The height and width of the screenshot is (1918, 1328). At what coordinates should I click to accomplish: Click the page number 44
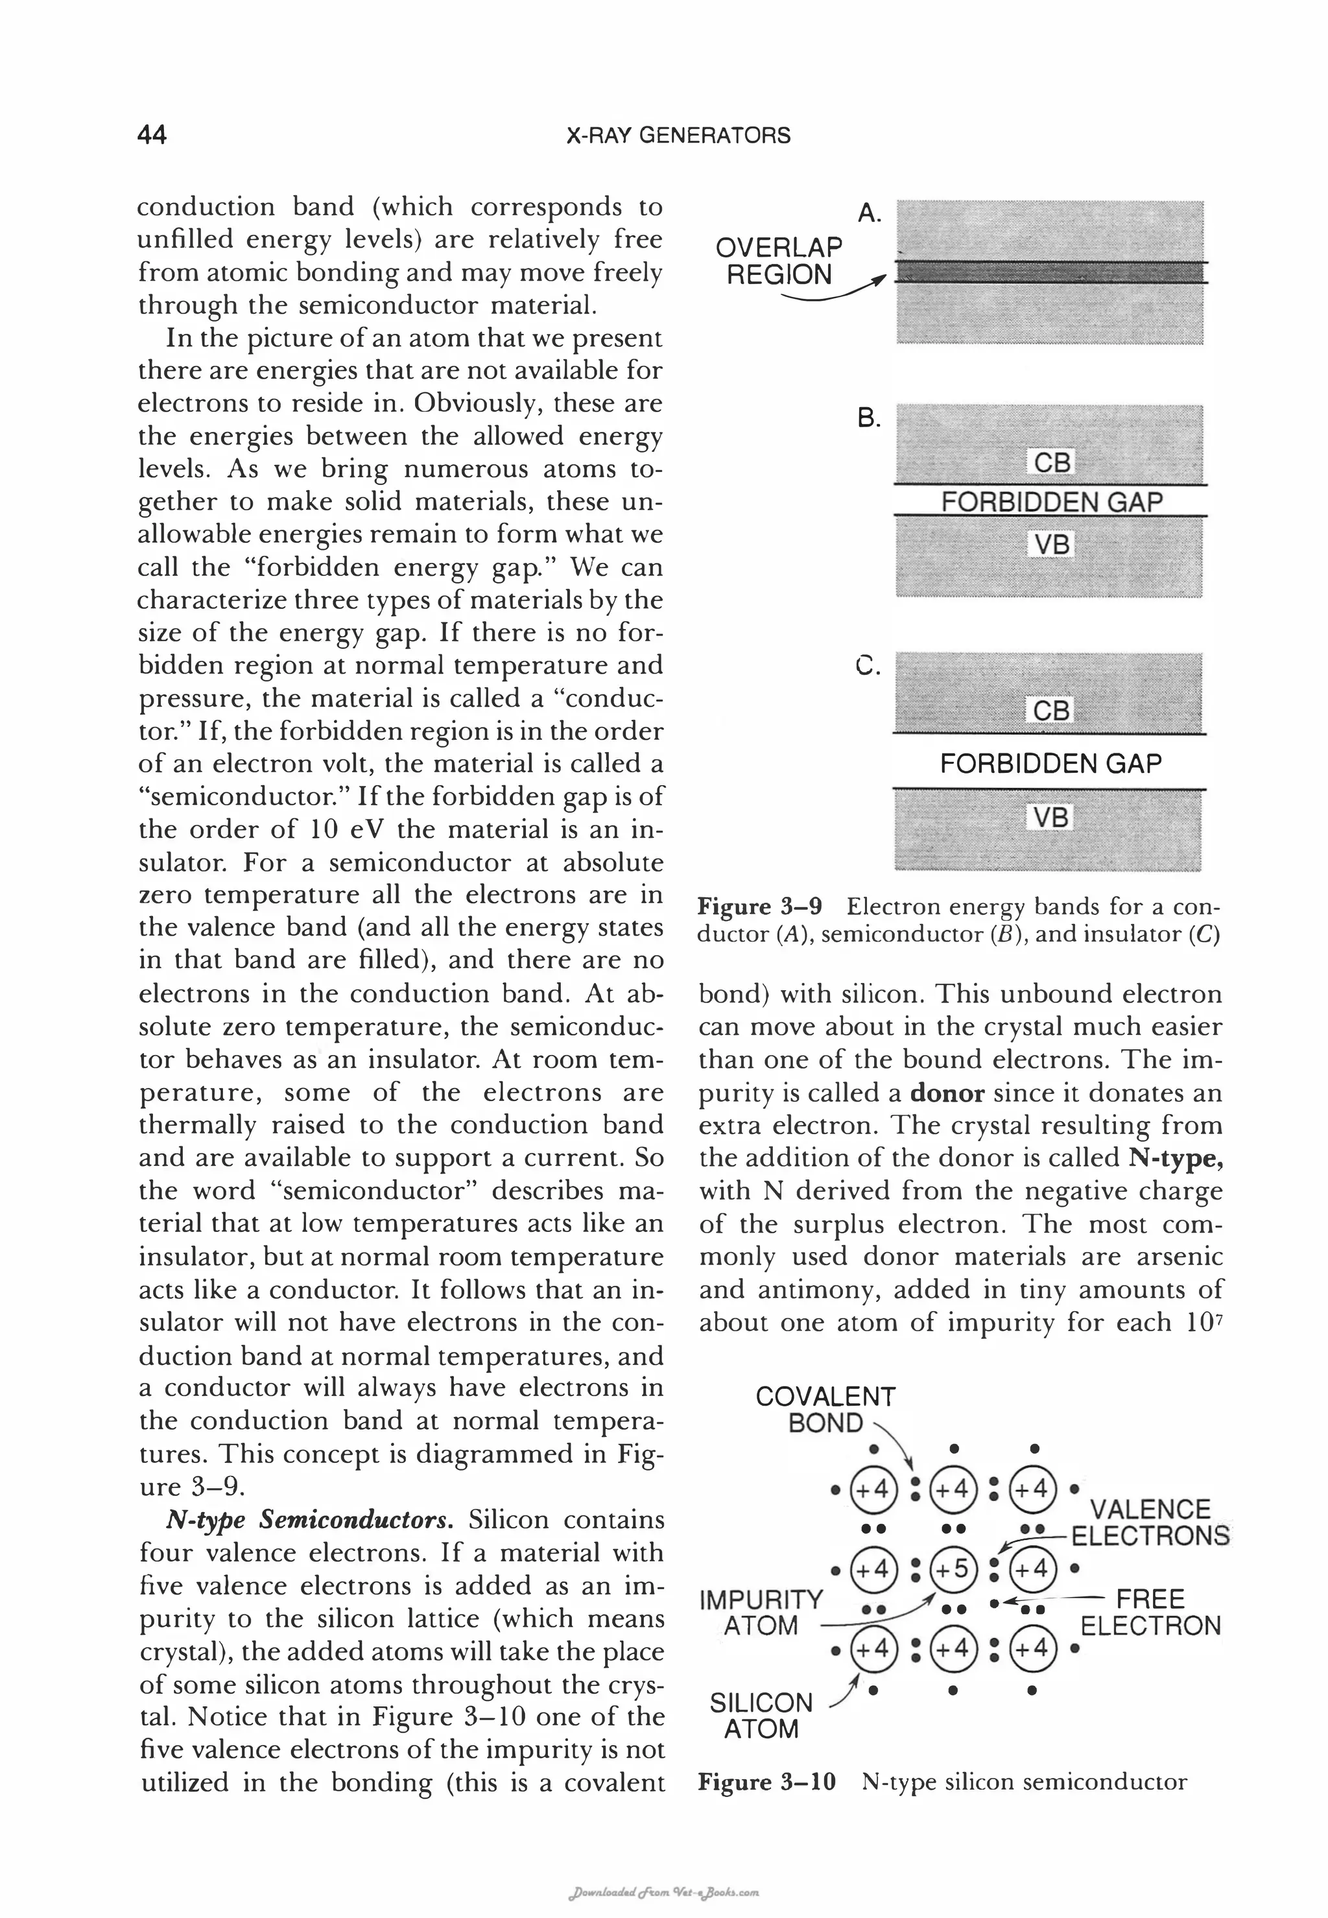tap(152, 135)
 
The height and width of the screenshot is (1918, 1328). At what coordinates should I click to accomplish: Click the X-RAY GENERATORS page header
tap(678, 136)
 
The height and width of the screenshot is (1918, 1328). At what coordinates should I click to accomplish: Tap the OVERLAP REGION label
tap(779, 261)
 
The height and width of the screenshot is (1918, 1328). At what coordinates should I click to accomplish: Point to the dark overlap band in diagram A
tap(1050, 272)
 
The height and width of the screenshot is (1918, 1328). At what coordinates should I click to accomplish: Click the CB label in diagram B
tap(1052, 463)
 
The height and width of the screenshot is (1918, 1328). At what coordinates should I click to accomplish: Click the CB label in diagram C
tap(1051, 711)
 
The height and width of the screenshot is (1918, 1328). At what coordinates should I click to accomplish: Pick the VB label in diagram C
tap(1051, 817)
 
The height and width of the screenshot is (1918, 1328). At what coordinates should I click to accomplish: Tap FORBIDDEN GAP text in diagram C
tap(1050, 763)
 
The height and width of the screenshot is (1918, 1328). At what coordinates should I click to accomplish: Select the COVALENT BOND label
tap(825, 1409)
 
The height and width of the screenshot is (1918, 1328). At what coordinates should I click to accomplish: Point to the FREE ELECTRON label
tap(1150, 1612)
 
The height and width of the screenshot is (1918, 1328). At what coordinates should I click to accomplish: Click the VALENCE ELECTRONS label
tap(1150, 1522)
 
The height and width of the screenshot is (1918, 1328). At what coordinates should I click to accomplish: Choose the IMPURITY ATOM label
tap(761, 1612)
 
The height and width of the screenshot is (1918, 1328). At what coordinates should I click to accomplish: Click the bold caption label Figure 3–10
tap(766, 1782)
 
